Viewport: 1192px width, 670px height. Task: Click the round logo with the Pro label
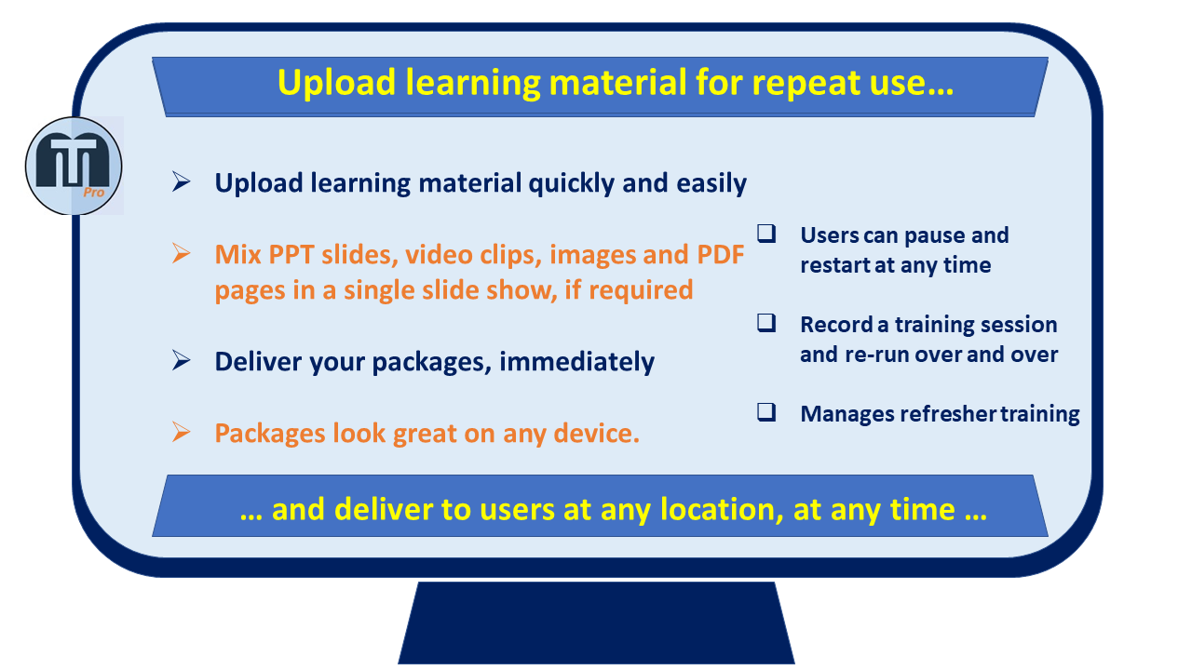(x=74, y=166)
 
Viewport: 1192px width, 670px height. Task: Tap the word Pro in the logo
(x=94, y=193)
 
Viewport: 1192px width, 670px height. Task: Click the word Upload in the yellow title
(x=336, y=84)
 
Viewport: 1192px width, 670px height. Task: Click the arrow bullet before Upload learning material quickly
(x=181, y=181)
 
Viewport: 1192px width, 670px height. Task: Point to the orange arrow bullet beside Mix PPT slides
(x=181, y=253)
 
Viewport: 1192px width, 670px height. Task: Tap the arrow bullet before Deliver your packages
(x=181, y=360)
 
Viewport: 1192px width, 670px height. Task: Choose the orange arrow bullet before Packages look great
(x=181, y=432)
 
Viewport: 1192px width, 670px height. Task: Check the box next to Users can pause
(x=766, y=234)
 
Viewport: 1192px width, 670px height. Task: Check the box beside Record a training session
(x=766, y=323)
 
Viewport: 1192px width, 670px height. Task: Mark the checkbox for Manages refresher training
(x=766, y=412)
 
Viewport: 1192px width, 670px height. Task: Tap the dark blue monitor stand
(x=596, y=623)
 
